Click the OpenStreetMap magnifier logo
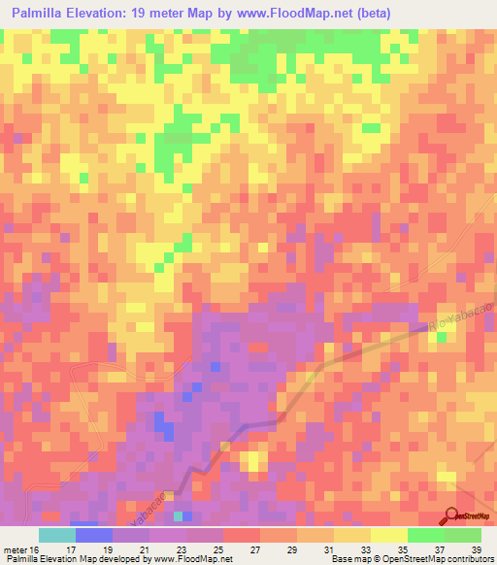(453, 515)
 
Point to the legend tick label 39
(475, 549)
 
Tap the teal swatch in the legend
(57, 535)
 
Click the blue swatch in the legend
(94, 535)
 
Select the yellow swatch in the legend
(389, 535)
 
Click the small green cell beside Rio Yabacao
(443, 337)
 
